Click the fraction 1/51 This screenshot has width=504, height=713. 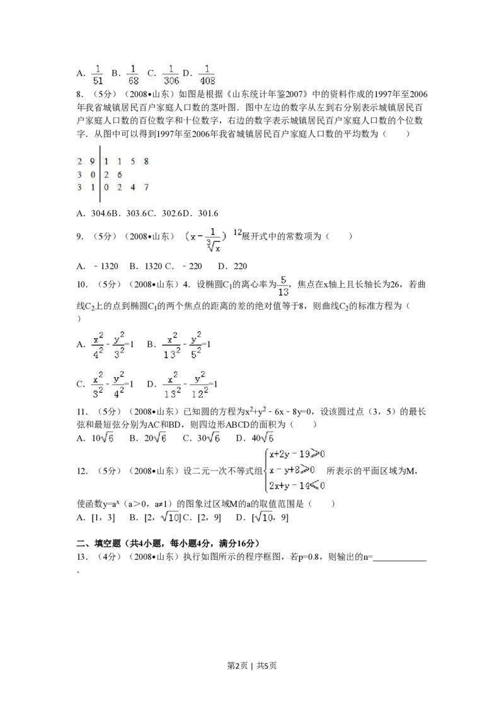(x=98, y=73)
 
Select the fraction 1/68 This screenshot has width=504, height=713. (x=133, y=73)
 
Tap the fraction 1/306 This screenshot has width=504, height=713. (x=171, y=73)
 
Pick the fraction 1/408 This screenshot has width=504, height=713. (x=207, y=73)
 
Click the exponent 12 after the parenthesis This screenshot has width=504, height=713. (x=238, y=233)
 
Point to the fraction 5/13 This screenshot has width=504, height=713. (x=283, y=285)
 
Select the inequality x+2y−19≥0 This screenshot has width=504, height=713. (x=297, y=453)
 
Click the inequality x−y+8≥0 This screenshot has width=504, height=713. (x=292, y=470)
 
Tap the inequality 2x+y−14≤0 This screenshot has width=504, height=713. (x=297, y=485)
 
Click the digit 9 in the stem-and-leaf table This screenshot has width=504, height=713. (x=92, y=161)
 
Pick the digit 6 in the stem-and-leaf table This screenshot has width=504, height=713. (x=120, y=174)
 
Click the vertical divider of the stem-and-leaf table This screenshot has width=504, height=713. (x=100, y=174)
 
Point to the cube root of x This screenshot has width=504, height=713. (x=215, y=247)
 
